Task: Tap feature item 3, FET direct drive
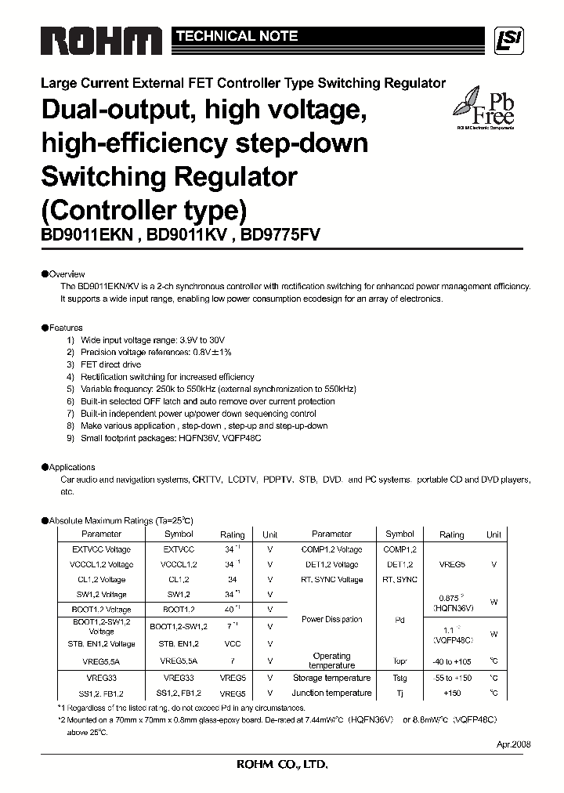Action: [110, 364]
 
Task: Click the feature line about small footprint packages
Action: [171, 438]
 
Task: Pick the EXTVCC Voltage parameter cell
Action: [101, 549]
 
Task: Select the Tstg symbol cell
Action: [399, 678]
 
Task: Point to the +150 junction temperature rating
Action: [452, 693]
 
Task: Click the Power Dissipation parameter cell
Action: [331, 619]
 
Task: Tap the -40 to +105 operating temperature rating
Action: [452, 661]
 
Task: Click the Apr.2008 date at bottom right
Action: [513, 744]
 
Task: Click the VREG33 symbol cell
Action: [179, 678]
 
